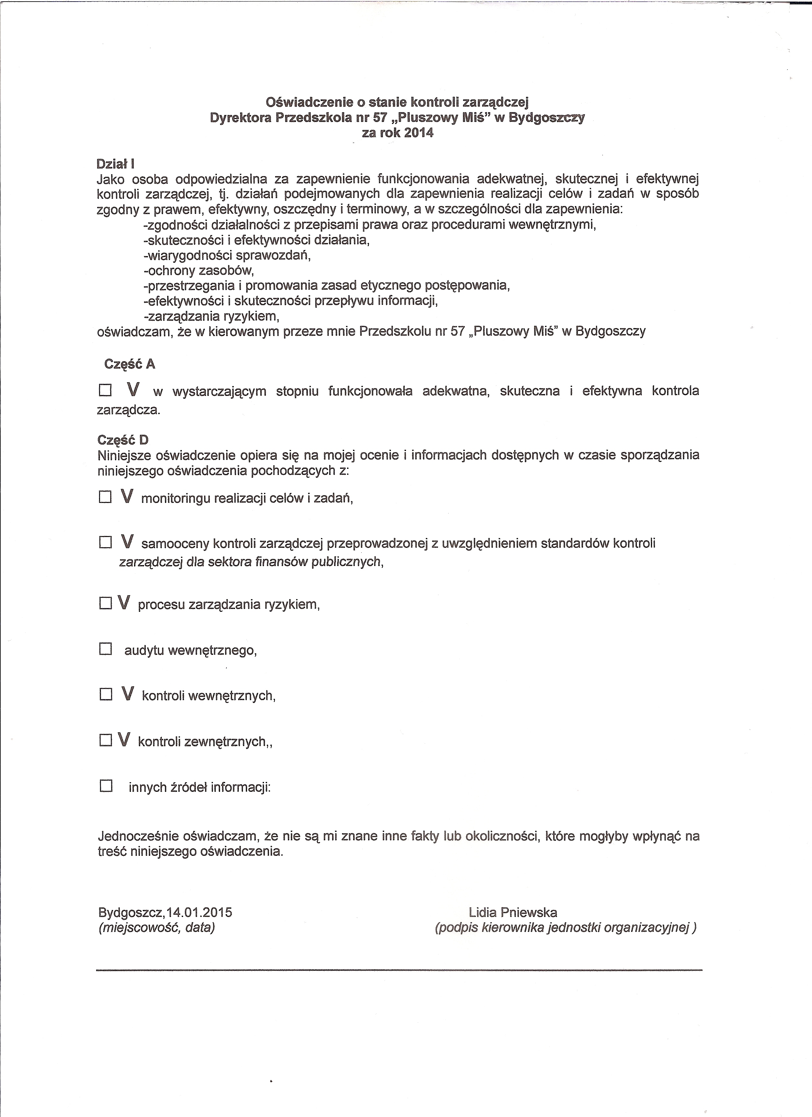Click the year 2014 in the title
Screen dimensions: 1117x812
click(x=418, y=133)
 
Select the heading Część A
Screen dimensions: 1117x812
click(x=130, y=364)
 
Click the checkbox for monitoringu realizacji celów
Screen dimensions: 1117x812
click(x=105, y=498)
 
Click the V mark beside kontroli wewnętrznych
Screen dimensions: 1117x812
click(x=128, y=694)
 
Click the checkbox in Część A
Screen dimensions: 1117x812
click(x=105, y=391)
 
